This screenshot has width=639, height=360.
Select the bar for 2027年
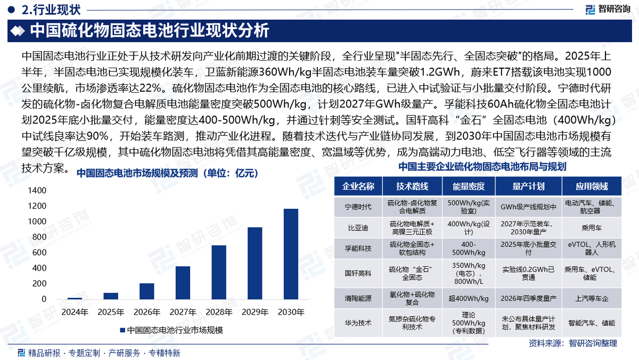point(183,283)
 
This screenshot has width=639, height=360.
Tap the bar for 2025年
point(111,296)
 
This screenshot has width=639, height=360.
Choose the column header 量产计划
point(528,186)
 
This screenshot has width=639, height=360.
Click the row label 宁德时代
point(358,207)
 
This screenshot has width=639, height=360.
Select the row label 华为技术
point(358,323)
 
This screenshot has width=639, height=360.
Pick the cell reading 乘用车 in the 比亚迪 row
point(591,227)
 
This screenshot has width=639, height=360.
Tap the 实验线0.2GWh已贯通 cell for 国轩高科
point(528,273)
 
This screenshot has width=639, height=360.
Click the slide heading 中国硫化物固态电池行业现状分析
point(149,31)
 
